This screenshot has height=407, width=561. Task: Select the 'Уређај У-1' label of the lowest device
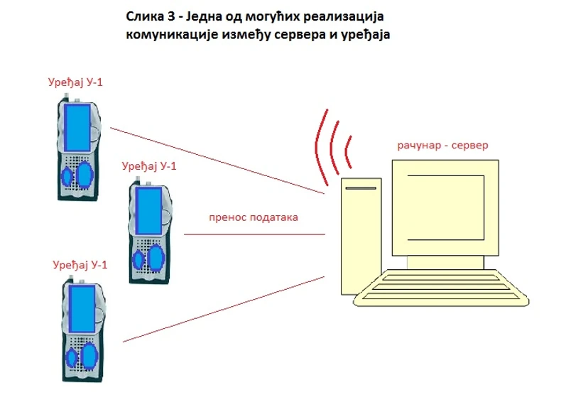[x=80, y=265]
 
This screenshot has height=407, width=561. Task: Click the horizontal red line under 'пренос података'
[x=255, y=234]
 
